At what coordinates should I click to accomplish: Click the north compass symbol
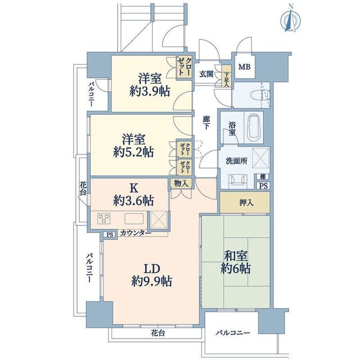point(291,18)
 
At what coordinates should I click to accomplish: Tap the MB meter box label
point(244,67)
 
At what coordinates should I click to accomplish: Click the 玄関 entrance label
point(206,74)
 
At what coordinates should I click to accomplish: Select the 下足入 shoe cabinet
point(226,76)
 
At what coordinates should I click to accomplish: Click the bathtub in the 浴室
point(254,128)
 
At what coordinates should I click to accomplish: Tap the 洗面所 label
point(236,161)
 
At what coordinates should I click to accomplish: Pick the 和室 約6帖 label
point(236,263)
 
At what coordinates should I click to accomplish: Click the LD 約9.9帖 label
point(152,275)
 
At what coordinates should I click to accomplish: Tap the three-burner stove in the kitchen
point(103,218)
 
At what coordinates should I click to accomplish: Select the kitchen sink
point(134,219)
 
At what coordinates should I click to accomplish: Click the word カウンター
point(136,233)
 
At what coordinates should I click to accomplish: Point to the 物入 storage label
point(181,183)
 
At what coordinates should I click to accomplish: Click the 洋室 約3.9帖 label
point(150,85)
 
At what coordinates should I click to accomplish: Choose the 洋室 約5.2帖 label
point(133,146)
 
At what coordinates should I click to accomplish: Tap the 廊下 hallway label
point(206,123)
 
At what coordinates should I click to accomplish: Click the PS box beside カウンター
point(110,235)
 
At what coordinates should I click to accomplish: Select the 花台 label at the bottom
point(157,333)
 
